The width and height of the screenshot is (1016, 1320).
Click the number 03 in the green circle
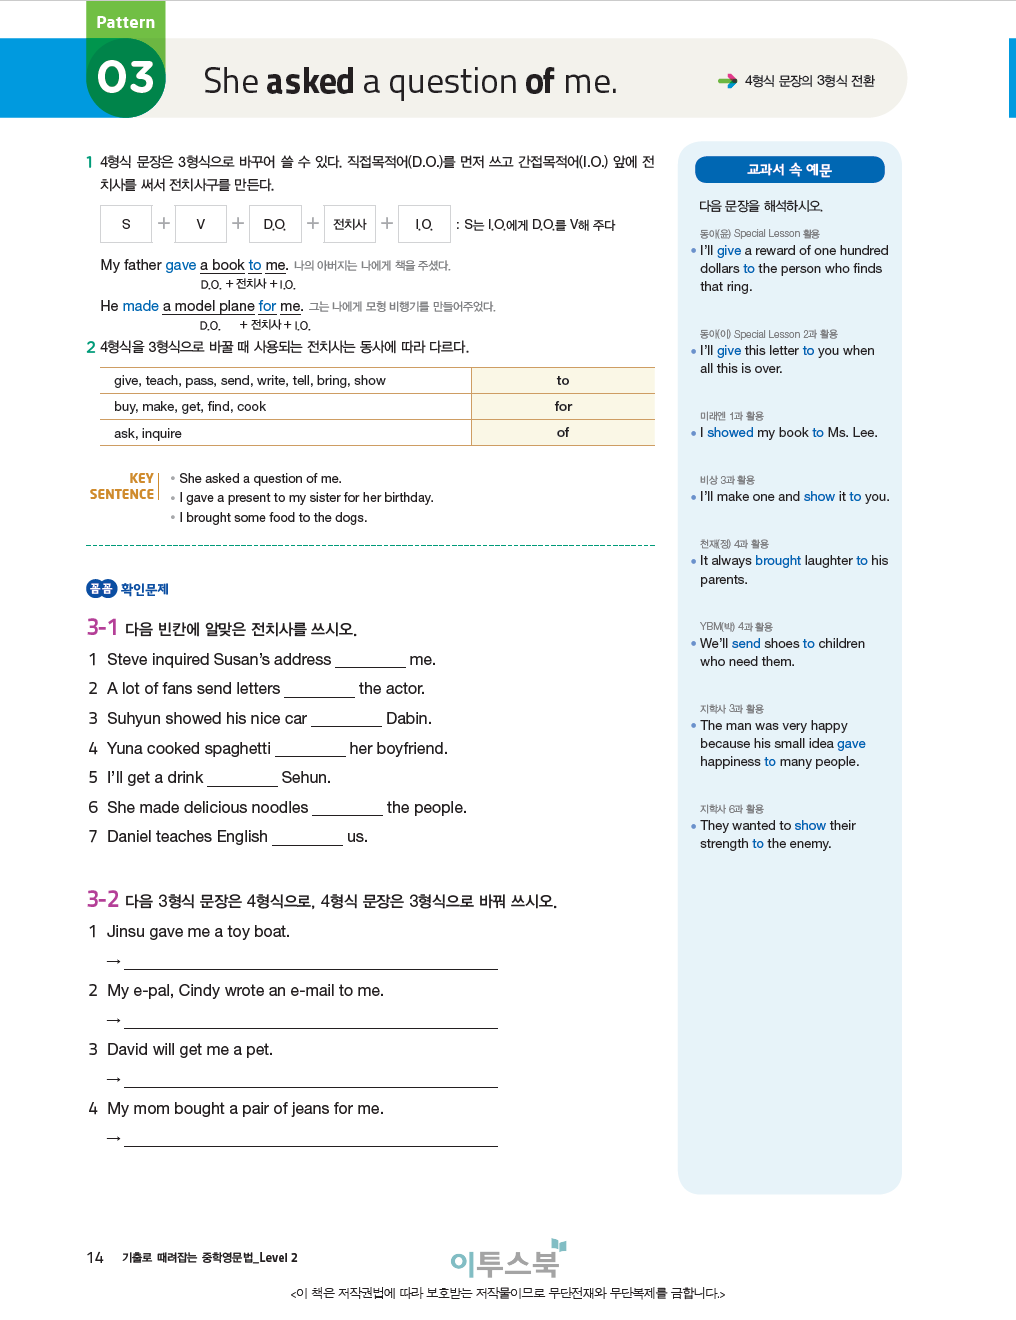[126, 78]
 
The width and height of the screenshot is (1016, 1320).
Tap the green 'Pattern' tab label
[126, 22]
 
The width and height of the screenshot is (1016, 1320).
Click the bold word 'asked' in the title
[310, 82]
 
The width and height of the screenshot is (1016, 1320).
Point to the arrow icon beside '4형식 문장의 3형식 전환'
[727, 81]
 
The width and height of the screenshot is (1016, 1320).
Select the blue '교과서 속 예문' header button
[789, 170]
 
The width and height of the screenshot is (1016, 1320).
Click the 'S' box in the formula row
[126, 224]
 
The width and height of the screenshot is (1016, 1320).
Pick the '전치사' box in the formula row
[349, 224]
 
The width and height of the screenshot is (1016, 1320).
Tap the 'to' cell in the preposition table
[563, 381]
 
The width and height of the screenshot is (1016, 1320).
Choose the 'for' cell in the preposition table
[563, 407]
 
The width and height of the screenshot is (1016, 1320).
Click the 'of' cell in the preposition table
[563, 433]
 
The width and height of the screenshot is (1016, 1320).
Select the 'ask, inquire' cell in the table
[148, 434]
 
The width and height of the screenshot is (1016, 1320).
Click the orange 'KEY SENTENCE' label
[123, 487]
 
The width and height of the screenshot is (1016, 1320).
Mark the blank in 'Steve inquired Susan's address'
[370, 661]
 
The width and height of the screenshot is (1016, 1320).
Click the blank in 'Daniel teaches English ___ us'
[307, 838]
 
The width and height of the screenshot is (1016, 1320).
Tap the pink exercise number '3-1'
[102, 628]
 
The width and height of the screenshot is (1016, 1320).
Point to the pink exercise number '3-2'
[102, 900]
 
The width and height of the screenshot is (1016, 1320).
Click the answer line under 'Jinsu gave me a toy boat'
[310, 962]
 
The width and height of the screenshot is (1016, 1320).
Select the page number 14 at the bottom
[95, 1258]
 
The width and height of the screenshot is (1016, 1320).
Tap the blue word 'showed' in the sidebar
[730, 433]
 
